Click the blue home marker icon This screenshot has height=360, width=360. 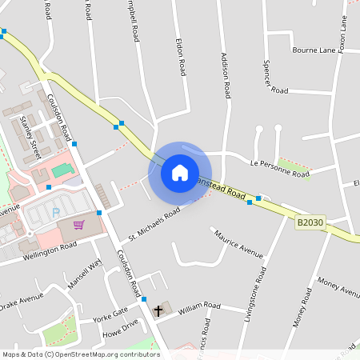click(180, 172)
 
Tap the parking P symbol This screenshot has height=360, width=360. click(55, 213)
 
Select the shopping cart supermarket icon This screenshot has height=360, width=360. click(78, 225)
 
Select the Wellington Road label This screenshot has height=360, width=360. click(50, 250)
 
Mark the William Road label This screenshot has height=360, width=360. click(199, 306)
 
